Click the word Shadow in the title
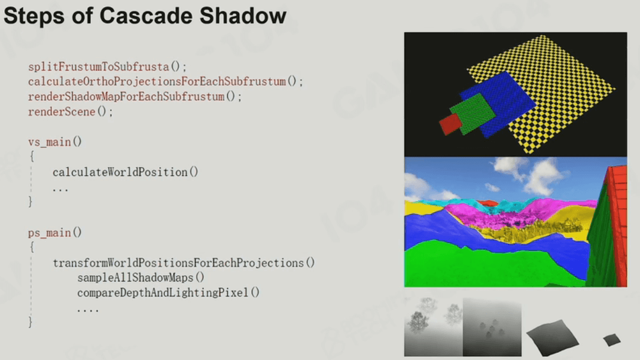click(243, 16)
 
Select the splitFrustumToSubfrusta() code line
click(107, 66)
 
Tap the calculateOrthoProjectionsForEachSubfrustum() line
click(165, 82)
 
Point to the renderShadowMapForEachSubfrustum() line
click(135, 97)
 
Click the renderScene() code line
click(70, 111)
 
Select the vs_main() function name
click(54, 142)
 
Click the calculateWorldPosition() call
click(125, 172)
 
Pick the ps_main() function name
click(54, 233)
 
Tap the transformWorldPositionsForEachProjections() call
click(184, 263)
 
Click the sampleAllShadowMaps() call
click(141, 277)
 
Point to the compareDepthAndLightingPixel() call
click(168, 292)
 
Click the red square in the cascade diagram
click(450, 124)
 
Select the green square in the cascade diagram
click(473, 113)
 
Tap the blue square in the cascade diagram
click(498, 104)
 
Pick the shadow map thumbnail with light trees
click(434, 327)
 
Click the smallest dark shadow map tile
click(612, 340)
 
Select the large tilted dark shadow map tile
click(552, 337)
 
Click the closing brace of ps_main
click(30, 322)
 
